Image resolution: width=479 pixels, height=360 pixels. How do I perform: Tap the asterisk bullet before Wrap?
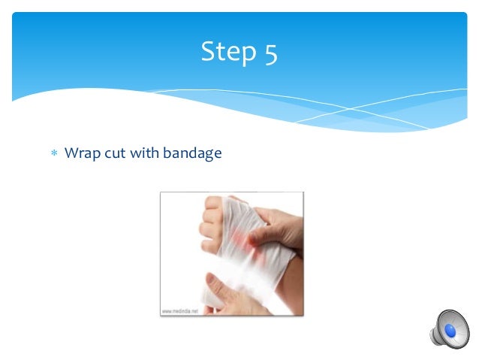53,154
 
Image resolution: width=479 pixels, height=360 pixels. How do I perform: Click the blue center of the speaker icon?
452,330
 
